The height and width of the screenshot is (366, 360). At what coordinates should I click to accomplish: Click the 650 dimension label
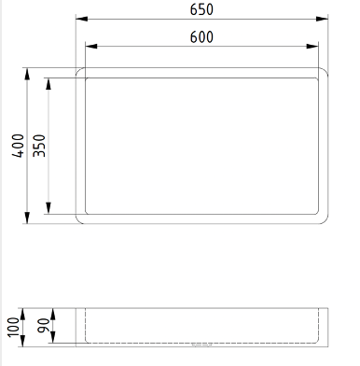pos(201,9)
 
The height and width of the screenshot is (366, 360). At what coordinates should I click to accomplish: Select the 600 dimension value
pos(201,37)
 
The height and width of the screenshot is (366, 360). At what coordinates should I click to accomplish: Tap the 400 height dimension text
pos(19,146)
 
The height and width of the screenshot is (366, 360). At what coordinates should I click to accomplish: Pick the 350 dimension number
pos(39,146)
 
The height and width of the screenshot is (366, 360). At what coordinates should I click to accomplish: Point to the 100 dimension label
pos(14,327)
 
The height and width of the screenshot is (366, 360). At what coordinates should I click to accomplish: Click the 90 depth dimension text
pos(44,326)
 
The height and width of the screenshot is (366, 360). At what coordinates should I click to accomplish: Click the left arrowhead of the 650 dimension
pos(82,19)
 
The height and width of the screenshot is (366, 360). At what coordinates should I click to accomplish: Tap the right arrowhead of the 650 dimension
pos(322,19)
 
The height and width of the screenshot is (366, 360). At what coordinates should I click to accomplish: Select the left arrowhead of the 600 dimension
pos(91,47)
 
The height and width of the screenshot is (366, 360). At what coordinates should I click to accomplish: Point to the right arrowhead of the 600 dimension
pos(312,47)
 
